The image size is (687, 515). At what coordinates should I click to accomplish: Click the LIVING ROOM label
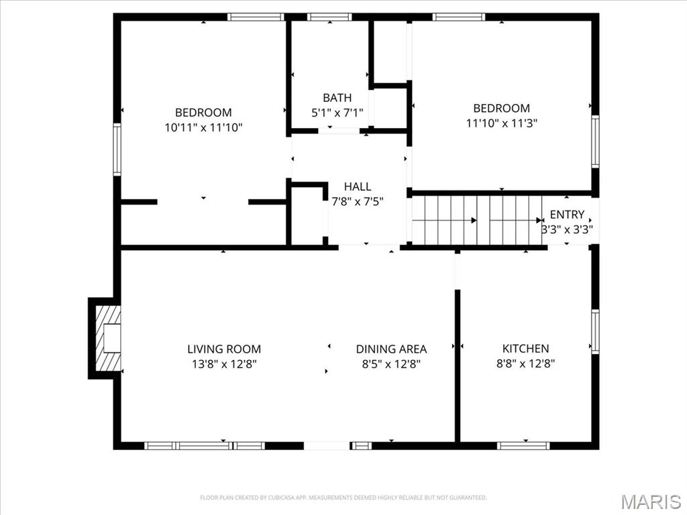223,349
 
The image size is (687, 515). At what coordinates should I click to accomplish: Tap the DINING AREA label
391,349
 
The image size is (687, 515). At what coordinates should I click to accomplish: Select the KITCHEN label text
525,348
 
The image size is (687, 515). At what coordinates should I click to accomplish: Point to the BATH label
337,98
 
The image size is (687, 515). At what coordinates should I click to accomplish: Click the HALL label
357,186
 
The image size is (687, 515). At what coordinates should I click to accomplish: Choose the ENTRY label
567,215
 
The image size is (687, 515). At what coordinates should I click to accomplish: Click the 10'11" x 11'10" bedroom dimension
203,127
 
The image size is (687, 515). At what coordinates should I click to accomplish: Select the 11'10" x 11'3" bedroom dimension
501,123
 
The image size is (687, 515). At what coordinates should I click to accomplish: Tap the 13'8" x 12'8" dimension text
223,364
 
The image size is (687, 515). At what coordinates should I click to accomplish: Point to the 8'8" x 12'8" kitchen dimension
525,363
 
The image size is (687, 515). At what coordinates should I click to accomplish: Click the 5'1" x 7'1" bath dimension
337,113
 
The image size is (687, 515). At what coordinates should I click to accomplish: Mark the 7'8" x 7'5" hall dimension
357,201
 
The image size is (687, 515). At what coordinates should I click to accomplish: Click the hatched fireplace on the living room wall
107,338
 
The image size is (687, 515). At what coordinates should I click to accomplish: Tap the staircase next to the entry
477,220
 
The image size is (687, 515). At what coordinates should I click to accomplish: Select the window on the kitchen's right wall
594,331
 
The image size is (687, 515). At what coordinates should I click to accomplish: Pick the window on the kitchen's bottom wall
523,445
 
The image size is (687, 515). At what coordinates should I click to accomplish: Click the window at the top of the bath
329,17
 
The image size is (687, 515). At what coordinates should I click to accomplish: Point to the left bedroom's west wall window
117,149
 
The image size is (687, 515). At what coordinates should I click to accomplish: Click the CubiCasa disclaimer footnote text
343,498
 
